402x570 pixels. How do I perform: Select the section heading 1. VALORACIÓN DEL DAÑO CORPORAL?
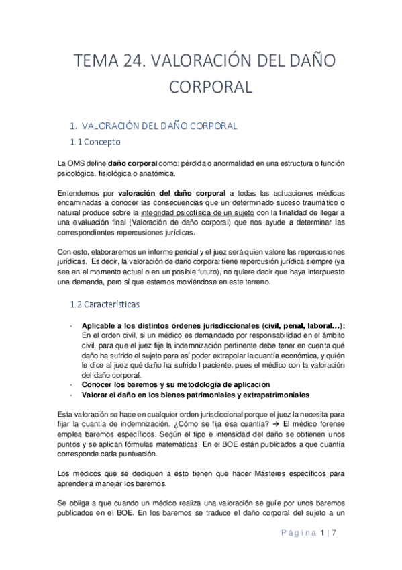pyautogui.click(x=153, y=126)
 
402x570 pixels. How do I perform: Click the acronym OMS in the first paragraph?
pyautogui.click(x=77, y=163)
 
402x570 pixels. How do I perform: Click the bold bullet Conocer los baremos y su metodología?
pyautogui.click(x=166, y=384)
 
